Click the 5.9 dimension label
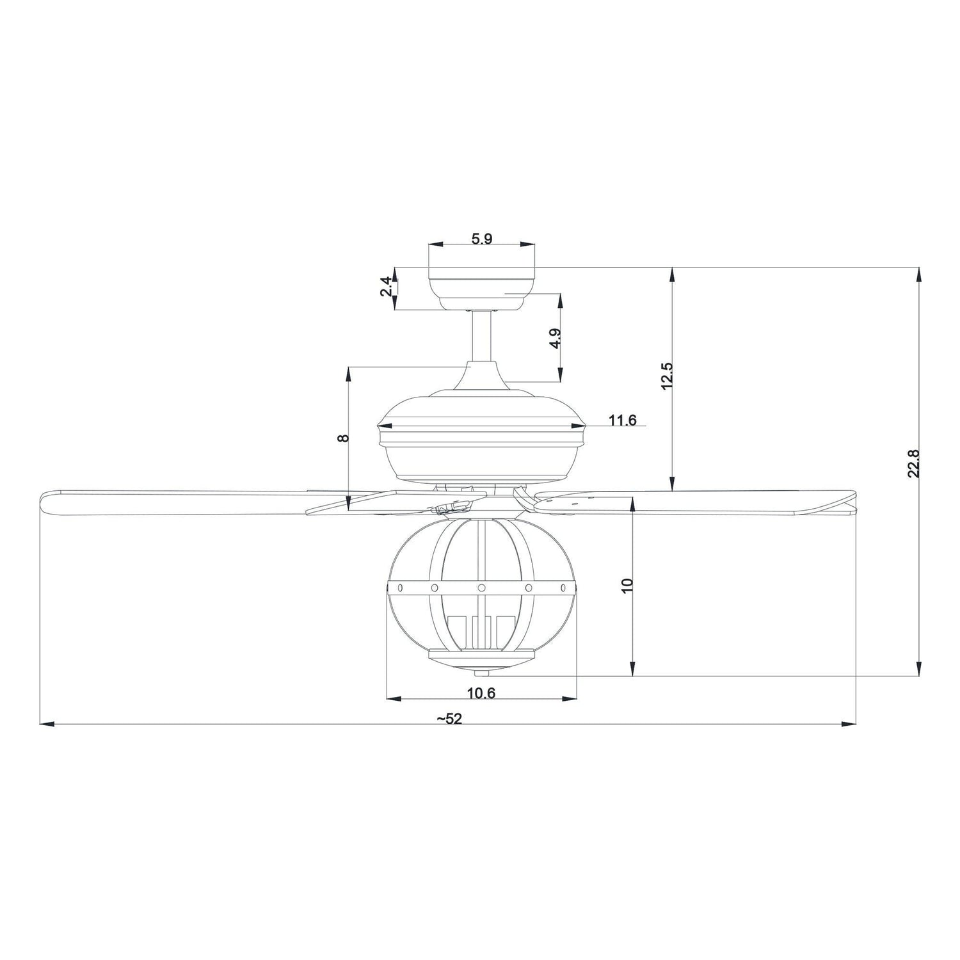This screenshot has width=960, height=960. pyautogui.click(x=481, y=239)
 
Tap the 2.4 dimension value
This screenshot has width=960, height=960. pyautogui.click(x=385, y=287)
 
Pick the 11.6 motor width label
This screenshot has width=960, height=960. pyautogui.click(x=622, y=420)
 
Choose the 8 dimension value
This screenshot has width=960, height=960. pyautogui.click(x=344, y=438)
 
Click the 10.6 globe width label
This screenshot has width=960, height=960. pyautogui.click(x=481, y=692)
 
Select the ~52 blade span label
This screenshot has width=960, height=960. pyautogui.click(x=449, y=719)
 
